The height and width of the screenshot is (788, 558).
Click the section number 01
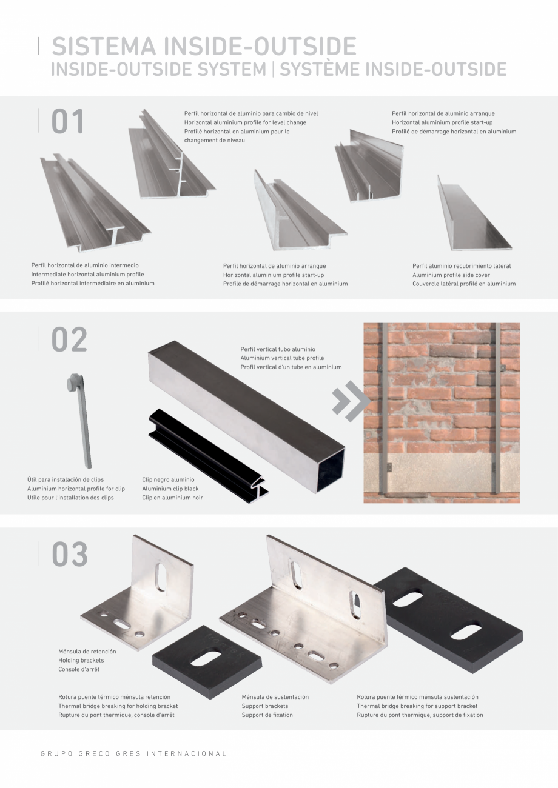point(68,121)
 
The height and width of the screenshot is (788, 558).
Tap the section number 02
point(69,339)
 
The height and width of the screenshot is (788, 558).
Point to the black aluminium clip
point(209,456)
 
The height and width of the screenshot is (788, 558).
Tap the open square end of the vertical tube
point(330,470)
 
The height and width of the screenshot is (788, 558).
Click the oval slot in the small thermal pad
point(206,659)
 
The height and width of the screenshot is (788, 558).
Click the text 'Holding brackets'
point(81,660)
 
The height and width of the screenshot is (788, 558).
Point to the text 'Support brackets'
point(264,706)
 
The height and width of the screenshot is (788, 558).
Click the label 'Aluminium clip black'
point(170,489)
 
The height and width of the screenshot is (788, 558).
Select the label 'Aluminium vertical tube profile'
point(282,358)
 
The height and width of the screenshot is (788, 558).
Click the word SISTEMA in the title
point(104,46)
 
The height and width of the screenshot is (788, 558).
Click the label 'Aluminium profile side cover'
point(451,275)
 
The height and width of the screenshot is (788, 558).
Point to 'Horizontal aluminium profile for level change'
point(245,122)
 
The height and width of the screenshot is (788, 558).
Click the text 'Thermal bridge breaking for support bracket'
point(417,706)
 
